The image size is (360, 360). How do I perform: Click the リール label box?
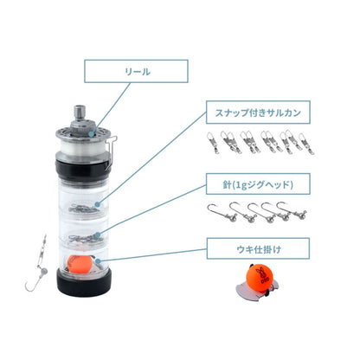(136, 71)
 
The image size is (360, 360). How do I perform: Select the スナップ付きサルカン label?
(258, 112)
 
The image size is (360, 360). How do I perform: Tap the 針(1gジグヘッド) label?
(258, 184)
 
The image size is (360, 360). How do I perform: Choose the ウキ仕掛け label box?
(258, 248)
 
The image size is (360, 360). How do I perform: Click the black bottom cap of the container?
(84, 284)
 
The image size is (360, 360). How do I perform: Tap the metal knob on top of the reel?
(80, 113)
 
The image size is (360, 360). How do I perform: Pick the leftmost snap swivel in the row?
(213, 142)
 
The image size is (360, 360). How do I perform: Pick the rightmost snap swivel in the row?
(306, 144)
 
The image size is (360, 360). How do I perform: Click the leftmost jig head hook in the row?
(222, 212)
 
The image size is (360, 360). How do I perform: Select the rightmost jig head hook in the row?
(292, 210)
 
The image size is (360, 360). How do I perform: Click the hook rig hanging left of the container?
(37, 263)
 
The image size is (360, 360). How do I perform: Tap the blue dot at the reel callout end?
(92, 134)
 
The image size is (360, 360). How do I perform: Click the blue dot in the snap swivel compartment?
(98, 204)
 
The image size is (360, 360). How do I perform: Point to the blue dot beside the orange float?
(98, 261)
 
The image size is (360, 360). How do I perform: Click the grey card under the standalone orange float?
(258, 292)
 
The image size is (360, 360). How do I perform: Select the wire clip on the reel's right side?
(111, 150)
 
